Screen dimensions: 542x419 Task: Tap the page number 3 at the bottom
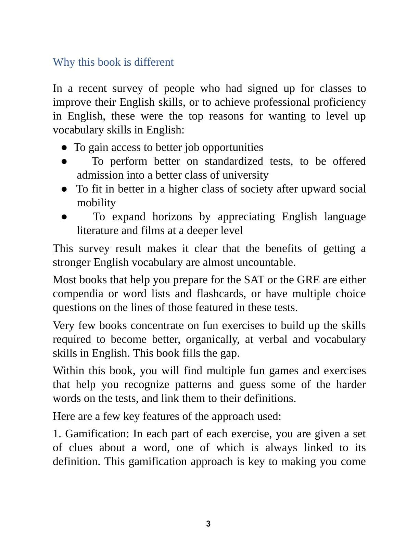tap(208, 524)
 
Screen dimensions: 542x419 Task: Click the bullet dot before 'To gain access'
tap(64, 147)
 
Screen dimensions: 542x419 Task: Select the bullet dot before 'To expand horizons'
tap(64, 217)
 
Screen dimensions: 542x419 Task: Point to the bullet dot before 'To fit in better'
tap(64, 189)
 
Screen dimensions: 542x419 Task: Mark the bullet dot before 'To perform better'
tap(64, 162)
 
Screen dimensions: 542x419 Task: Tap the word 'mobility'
tap(96, 203)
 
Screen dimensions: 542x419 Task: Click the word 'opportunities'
tap(233, 147)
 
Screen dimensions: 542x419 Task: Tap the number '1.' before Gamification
tap(57, 434)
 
